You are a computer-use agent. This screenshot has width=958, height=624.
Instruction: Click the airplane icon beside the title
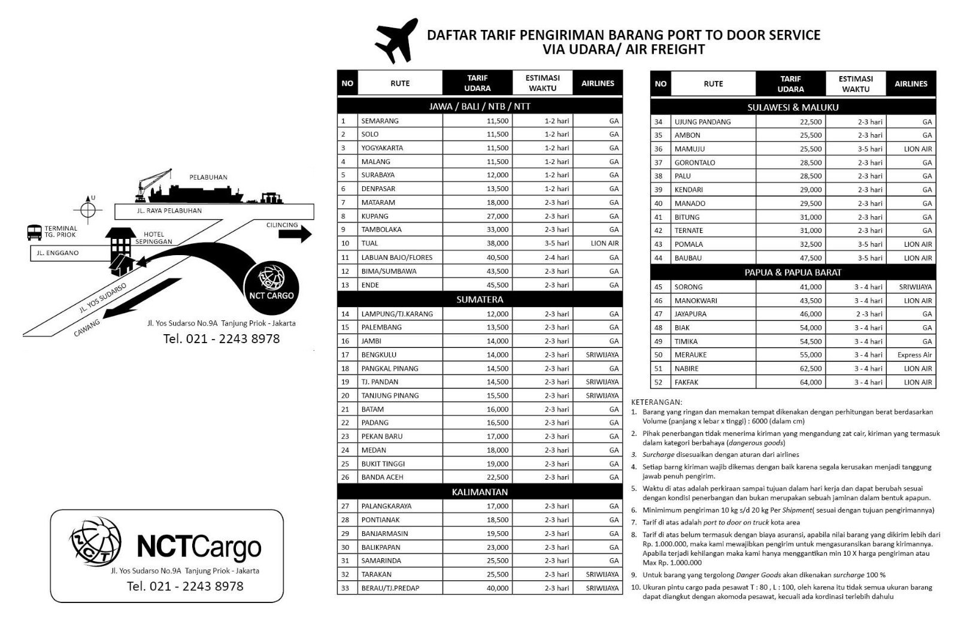[x=396, y=40]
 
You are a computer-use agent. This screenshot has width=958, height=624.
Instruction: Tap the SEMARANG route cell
[x=380, y=121]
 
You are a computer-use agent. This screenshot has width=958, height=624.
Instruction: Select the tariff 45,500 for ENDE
[x=498, y=285]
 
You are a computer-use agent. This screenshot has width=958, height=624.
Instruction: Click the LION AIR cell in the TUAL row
[x=604, y=243]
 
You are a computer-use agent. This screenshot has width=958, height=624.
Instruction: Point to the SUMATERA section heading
[x=480, y=299]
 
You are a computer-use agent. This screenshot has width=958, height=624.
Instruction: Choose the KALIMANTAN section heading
[x=480, y=492]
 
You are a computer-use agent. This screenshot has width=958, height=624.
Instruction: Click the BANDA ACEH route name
[x=382, y=477]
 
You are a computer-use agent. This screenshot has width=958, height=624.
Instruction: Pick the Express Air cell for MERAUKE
[x=914, y=355]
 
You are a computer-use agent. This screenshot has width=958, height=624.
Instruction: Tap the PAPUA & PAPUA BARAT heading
[x=793, y=272]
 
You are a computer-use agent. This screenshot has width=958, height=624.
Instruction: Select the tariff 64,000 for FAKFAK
[x=811, y=382]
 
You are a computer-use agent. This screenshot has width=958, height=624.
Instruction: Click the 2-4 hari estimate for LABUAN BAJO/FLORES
[x=556, y=258]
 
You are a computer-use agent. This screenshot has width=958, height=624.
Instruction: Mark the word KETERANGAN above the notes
[x=657, y=402]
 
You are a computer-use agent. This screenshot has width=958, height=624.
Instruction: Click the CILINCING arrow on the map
[x=295, y=234]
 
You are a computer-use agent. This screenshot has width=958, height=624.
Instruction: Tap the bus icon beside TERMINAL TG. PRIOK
[x=35, y=232]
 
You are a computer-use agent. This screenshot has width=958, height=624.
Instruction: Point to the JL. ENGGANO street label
[x=57, y=253]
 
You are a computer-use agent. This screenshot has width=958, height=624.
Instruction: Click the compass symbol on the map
[x=88, y=210]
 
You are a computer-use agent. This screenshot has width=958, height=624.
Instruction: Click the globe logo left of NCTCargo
[x=96, y=541]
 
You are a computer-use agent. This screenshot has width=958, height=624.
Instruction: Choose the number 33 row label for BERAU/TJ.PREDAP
[x=345, y=588]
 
